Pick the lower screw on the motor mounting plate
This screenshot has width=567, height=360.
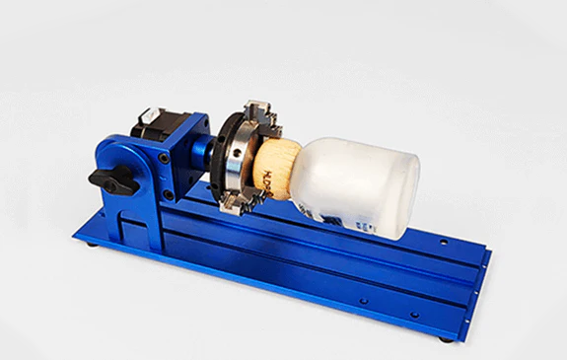click(170, 195)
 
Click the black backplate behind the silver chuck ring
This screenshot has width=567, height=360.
click(224, 148)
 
